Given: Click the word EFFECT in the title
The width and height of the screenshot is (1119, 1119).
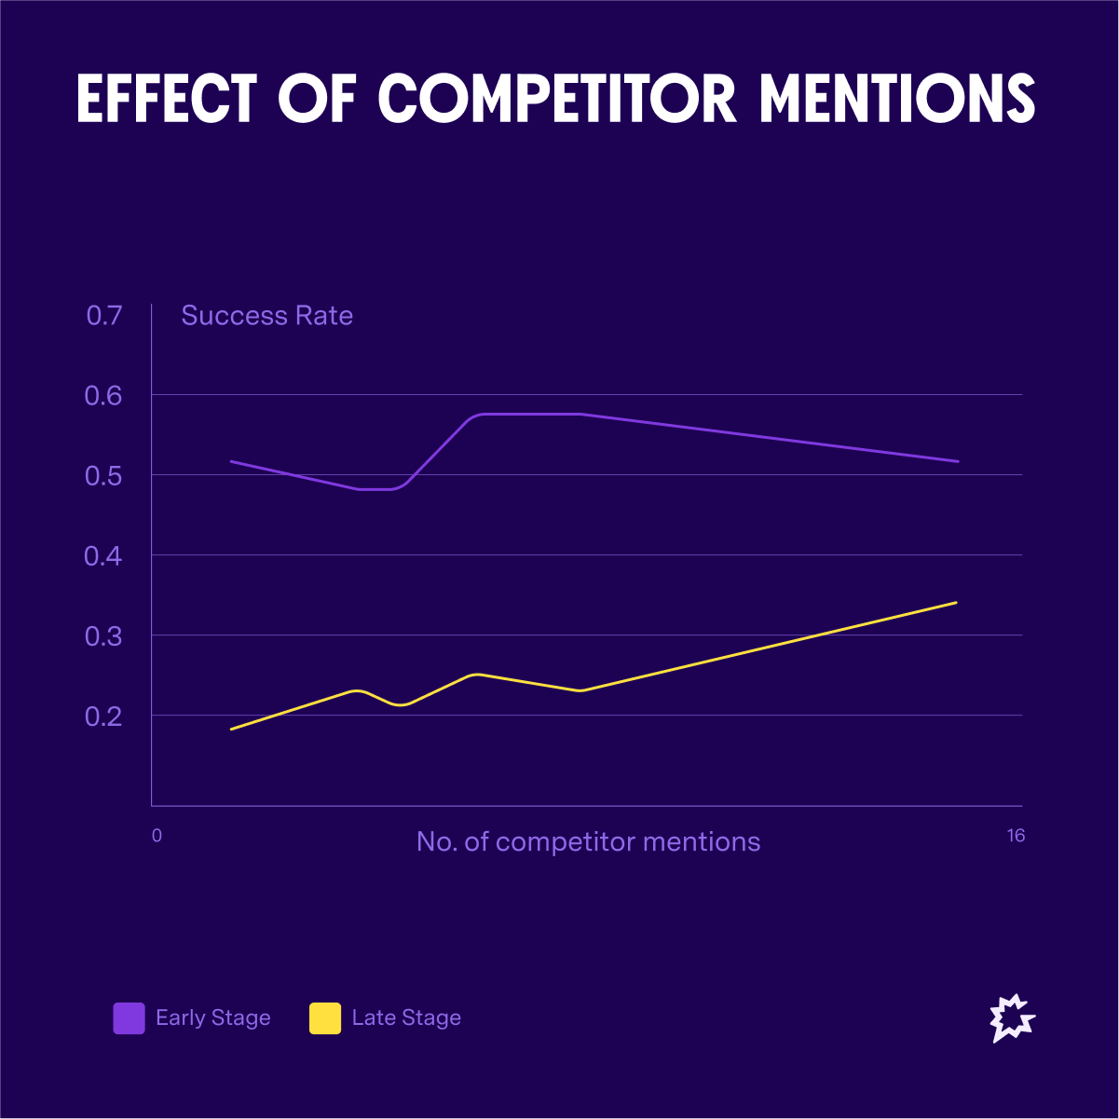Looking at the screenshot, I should tap(166, 99).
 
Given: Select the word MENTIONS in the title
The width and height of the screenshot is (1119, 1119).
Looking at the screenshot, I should tap(897, 99).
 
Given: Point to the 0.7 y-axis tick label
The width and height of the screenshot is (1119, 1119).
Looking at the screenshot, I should tap(103, 316).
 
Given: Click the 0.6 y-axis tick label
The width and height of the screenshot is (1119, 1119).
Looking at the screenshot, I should tap(103, 396).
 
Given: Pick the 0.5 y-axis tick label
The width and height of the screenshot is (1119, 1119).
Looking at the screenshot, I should tap(103, 476).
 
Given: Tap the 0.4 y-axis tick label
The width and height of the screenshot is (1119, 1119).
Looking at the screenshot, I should tap(103, 556).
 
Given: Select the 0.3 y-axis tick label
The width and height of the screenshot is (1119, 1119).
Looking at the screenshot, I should tap(103, 636).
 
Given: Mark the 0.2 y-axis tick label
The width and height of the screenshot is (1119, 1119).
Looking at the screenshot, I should tap(103, 716).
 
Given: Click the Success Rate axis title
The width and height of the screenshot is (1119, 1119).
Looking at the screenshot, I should tap(267, 316).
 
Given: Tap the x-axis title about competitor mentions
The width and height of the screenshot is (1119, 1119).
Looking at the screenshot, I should tap(588, 842).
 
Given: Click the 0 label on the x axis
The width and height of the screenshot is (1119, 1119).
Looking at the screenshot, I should tap(157, 836).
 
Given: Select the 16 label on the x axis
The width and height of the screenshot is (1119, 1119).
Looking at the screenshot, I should tap(1016, 836).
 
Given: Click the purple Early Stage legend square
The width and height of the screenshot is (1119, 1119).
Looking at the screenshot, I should tap(129, 1018).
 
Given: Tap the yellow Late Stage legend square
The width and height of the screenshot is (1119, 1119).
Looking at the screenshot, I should tap(325, 1018).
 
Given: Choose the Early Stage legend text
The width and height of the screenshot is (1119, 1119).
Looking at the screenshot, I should tap(213, 1018).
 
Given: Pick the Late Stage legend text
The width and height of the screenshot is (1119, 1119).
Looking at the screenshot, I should tap(406, 1018).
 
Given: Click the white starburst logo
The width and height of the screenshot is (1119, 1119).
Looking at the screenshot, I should tap(1011, 1018).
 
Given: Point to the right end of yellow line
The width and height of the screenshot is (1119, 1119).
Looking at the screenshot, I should tap(956, 603).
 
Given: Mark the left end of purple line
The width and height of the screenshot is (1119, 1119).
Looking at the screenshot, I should tap(231, 461).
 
